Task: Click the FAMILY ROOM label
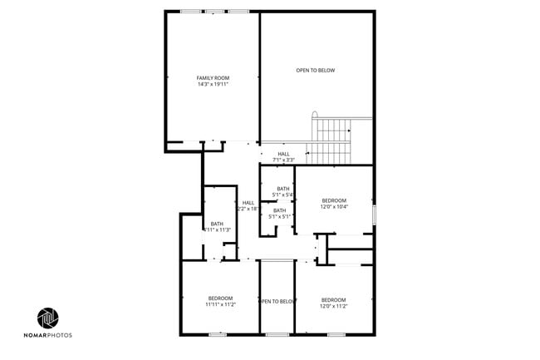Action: (x=213, y=77)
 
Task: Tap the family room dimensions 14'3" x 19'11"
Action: (x=213, y=84)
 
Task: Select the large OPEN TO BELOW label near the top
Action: (x=316, y=71)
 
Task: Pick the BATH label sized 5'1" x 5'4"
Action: (x=283, y=191)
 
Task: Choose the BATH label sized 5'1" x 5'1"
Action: (x=280, y=214)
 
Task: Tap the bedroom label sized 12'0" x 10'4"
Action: (x=333, y=204)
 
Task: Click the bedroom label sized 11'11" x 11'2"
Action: (x=220, y=301)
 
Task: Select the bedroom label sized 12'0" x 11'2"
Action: (x=333, y=303)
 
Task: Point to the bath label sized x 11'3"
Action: (x=217, y=226)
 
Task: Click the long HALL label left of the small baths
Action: (x=248, y=205)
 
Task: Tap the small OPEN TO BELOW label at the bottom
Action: (x=277, y=301)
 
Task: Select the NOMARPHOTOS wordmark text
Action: (x=53, y=335)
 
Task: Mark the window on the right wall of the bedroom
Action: (x=375, y=213)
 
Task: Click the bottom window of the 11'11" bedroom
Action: (x=218, y=334)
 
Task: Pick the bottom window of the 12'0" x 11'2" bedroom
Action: (x=336, y=334)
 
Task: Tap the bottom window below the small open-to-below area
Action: (x=277, y=334)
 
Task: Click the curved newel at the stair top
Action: (x=314, y=116)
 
